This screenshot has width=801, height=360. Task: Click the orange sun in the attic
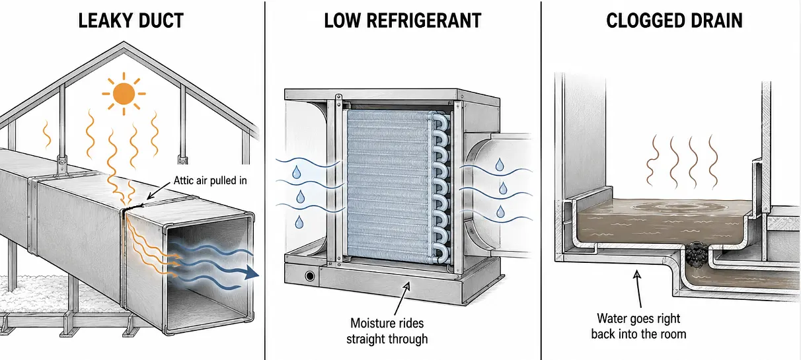click(124, 94)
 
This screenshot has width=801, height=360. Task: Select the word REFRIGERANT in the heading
click(424, 20)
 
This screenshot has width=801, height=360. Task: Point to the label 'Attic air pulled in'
click(210, 180)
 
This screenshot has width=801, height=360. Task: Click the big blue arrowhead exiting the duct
click(252, 273)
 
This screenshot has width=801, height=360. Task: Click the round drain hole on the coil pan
click(310, 276)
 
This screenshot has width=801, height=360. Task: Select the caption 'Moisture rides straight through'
click(387, 331)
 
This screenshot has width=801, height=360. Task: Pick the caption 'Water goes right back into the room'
click(638, 326)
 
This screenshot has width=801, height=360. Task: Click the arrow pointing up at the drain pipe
click(638, 289)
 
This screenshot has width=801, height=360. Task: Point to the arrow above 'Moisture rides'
click(402, 299)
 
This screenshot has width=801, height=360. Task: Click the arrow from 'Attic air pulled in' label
click(159, 190)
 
